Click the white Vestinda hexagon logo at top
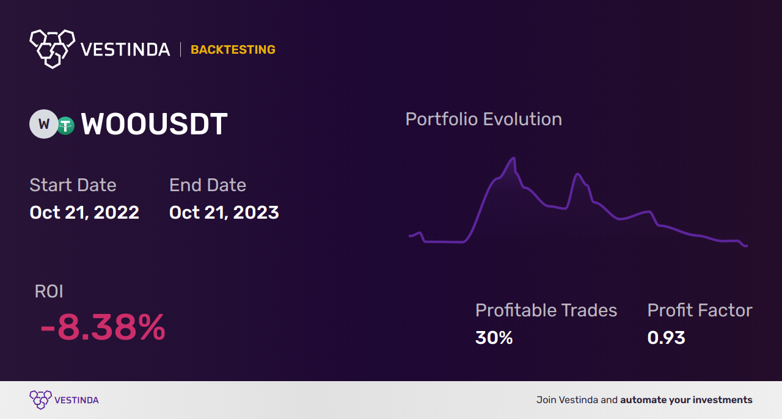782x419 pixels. pyautogui.click(x=53, y=49)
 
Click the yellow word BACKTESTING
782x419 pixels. pyautogui.click(x=233, y=49)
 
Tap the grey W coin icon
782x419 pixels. pyautogui.click(x=43, y=124)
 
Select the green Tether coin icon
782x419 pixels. pyautogui.click(x=65, y=126)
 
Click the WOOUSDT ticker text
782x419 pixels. pyautogui.click(x=154, y=124)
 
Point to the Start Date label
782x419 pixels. pyautogui.click(x=73, y=185)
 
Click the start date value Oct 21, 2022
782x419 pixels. pyautogui.click(x=84, y=213)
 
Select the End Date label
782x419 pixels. pyautogui.click(x=208, y=185)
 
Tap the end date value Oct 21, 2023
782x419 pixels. pyautogui.click(x=224, y=213)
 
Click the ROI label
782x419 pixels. pyautogui.click(x=49, y=291)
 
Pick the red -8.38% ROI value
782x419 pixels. pyautogui.click(x=103, y=327)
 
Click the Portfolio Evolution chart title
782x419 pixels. pyautogui.click(x=483, y=120)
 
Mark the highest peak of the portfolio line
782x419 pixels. pyautogui.click(x=514, y=158)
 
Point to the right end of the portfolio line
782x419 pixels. pyautogui.click(x=747, y=246)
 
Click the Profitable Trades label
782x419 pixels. pyautogui.click(x=546, y=310)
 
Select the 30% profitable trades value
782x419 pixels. pyautogui.click(x=494, y=338)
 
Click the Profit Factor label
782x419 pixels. pyautogui.click(x=700, y=310)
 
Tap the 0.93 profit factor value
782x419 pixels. pyautogui.click(x=666, y=338)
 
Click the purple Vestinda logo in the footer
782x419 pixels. pyautogui.click(x=64, y=400)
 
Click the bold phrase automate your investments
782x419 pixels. pyautogui.click(x=686, y=400)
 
